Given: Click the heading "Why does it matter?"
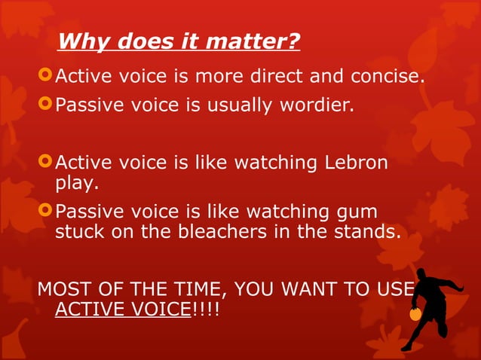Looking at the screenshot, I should pyautogui.click(x=179, y=41).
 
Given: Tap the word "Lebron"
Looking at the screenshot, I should pyautogui.click(x=357, y=163).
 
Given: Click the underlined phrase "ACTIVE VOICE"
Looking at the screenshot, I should pyautogui.click(x=122, y=309).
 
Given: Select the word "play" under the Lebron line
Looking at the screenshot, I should pyautogui.click(x=74, y=182).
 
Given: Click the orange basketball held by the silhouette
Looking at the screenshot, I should pyautogui.click(x=415, y=315).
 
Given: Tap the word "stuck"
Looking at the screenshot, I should pyautogui.click(x=78, y=232).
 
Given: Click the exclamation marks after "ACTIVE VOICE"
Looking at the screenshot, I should pyautogui.click(x=204, y=309).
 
